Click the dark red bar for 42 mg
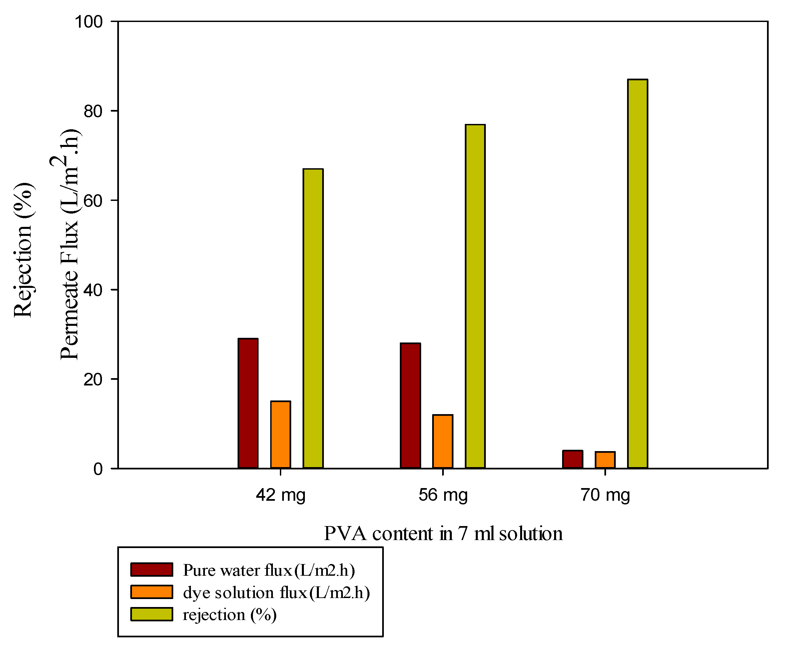248,403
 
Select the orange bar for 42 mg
281,434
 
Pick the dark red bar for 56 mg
410,405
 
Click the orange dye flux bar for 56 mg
442,441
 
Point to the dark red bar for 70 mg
572,459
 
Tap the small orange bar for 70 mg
605,460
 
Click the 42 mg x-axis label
281,495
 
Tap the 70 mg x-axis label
605,495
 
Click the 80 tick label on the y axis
93,111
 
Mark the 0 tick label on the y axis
98,469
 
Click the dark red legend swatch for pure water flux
152,570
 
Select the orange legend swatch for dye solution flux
152,592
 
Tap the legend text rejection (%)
230,614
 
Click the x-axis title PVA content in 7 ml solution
443,533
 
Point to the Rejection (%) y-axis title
23,250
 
